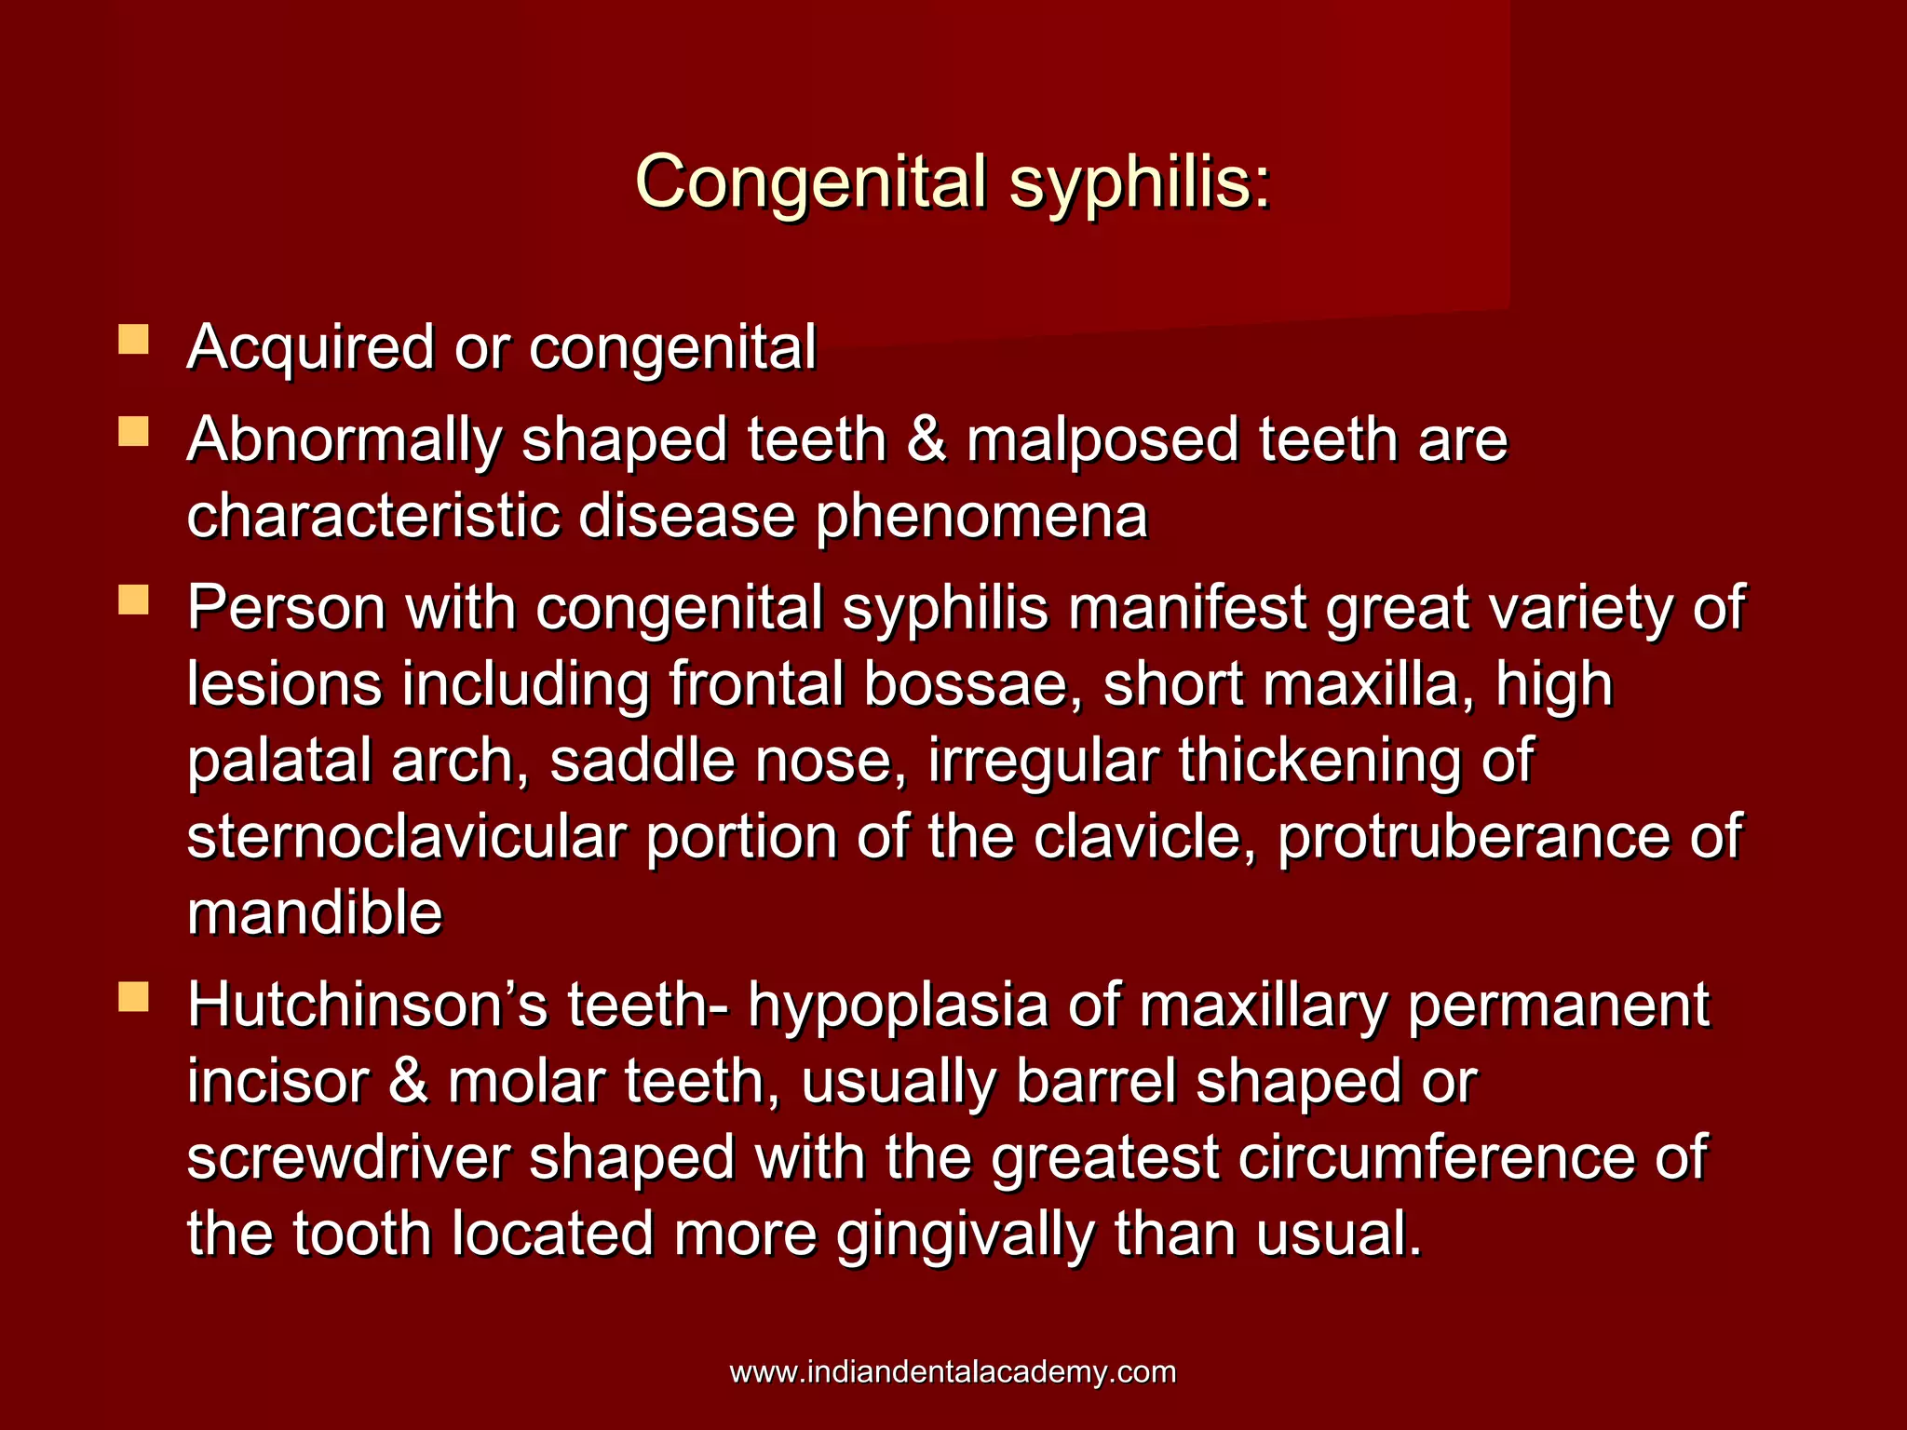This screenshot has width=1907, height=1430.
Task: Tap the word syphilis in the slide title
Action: pos(1140,182)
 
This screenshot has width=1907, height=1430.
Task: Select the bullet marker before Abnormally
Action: pos(134,432)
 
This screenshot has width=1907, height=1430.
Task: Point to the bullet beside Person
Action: pos(134,600)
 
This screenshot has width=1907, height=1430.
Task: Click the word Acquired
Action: pos(311,347)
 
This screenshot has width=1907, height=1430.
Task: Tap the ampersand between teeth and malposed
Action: pos(926,439)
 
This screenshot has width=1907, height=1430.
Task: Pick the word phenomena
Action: pos(981,516)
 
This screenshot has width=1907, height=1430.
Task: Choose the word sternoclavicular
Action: pos(406,837)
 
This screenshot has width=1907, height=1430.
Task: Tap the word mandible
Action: pos(315,913)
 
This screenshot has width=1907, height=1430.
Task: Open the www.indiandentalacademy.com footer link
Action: pos(953,1372)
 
